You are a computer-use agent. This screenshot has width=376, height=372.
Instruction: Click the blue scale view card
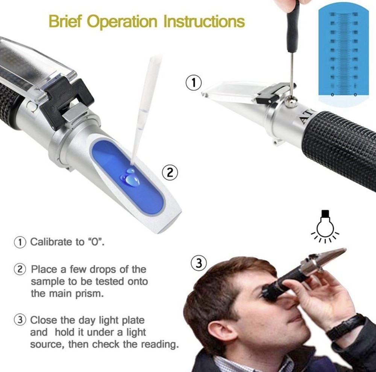343,53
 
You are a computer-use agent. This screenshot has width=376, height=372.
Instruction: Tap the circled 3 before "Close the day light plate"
20,320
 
